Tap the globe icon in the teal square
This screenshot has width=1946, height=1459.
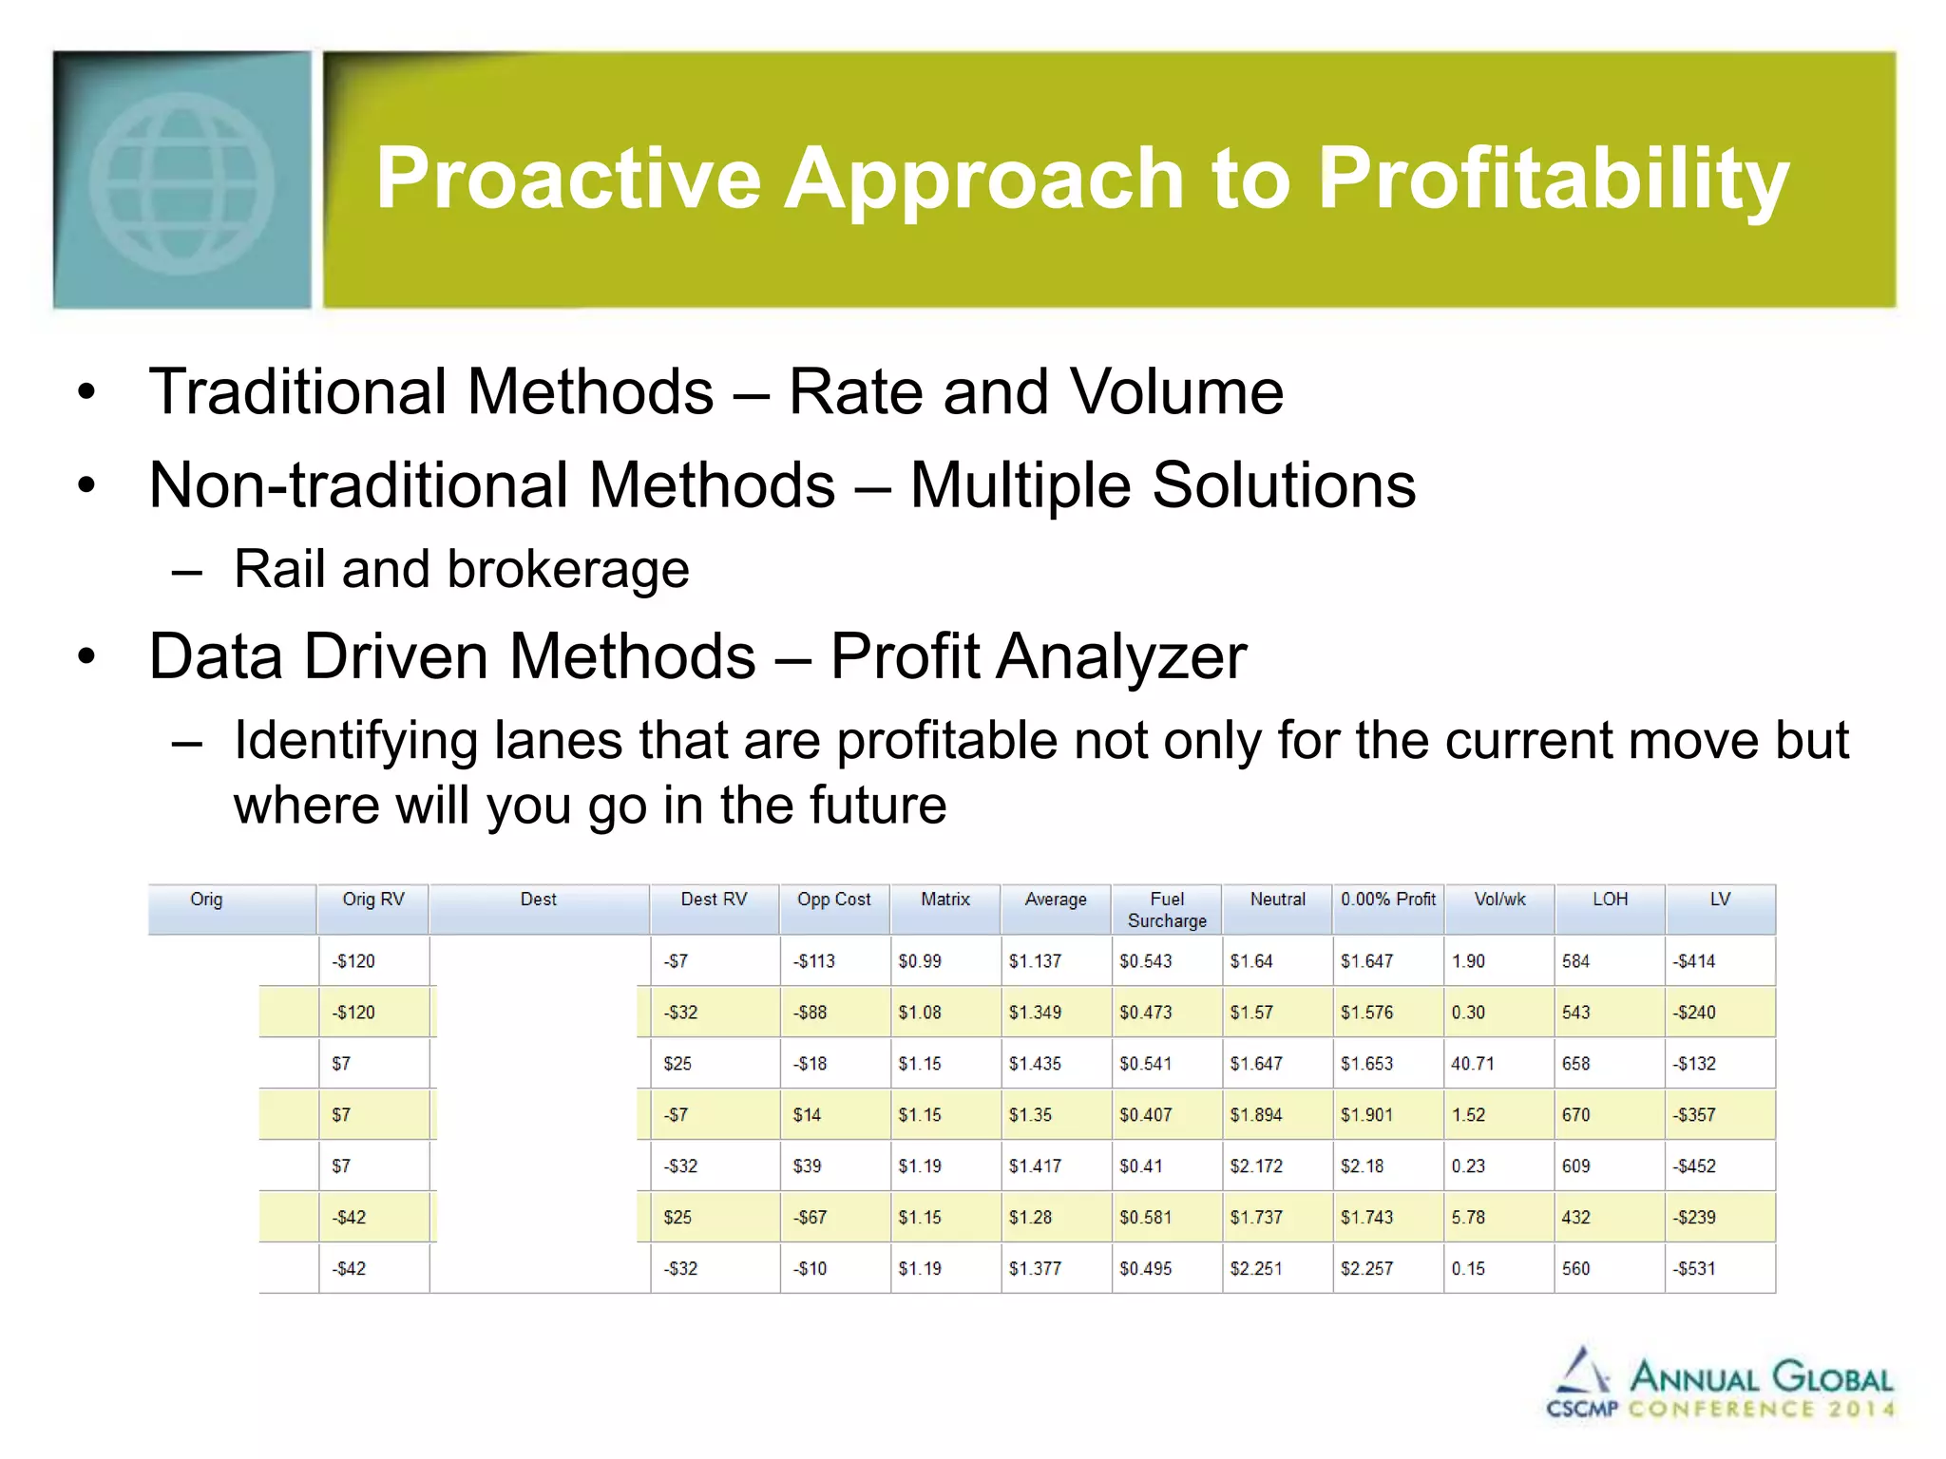[x=181, y=182]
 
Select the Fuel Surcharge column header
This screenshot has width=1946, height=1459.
[x=1166, y=909]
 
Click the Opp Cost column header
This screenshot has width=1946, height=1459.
[x=833, y=900]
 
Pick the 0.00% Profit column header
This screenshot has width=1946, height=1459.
[x=1387, y=900]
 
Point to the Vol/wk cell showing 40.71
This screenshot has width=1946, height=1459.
[x=1472, y=1064]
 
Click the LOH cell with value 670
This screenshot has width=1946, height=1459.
[x=1575, y=1115]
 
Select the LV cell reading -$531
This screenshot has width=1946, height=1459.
[x=1694, y=1269]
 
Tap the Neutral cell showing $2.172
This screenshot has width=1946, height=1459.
[x=1255, y=1166]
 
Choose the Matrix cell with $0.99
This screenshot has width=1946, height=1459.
[x=919, y=961]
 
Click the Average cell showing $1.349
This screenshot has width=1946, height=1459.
[x=1035, y=1013]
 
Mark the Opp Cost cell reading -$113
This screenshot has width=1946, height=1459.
[x=813, y=961]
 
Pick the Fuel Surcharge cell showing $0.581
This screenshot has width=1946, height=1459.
[x=1145, y=1218]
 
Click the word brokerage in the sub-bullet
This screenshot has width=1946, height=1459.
[x=567, y=570]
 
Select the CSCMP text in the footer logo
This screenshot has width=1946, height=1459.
[x=1581, y=1409]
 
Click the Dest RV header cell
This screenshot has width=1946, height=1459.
[x=714, y=900]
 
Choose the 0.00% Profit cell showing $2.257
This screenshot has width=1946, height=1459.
[x=1366, y=1269]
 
